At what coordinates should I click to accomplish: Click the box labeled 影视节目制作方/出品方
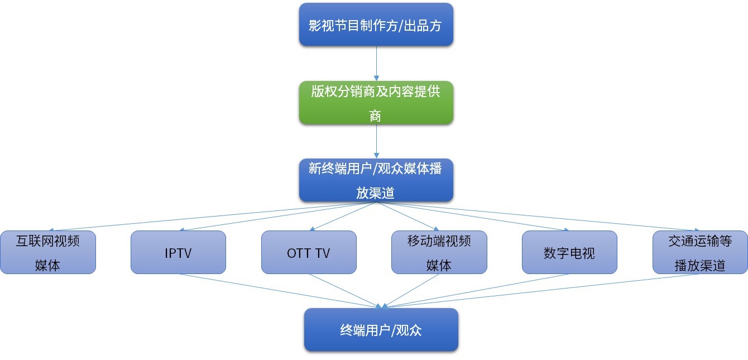click(x=376, y=25)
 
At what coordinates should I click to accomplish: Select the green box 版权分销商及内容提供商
click(x=376, y=102)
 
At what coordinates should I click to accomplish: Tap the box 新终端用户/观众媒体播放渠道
click(x=376, y=180)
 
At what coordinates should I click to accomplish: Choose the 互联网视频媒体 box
click(x=47, y=252)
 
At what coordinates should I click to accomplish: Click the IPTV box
click(x=178, y=252)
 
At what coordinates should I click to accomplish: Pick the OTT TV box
click(x=309, y=252)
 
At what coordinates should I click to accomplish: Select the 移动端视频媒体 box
click(x=439, y=252)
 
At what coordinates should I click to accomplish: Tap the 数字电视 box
click(x=569, y=252)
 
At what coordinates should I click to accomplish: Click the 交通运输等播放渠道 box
click(x=700, y=252)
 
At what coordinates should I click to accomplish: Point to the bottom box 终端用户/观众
click(x=381, y=330)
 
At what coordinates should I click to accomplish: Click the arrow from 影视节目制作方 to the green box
click(x=376, y=63)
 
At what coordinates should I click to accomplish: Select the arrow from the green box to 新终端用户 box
click(x=376, y=141)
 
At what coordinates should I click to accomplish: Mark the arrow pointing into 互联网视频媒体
click(x=212, y=216)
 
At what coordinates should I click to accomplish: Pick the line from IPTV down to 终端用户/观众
click(x=279, y=290)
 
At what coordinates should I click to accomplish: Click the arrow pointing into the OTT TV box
click(x=343, y=216)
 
